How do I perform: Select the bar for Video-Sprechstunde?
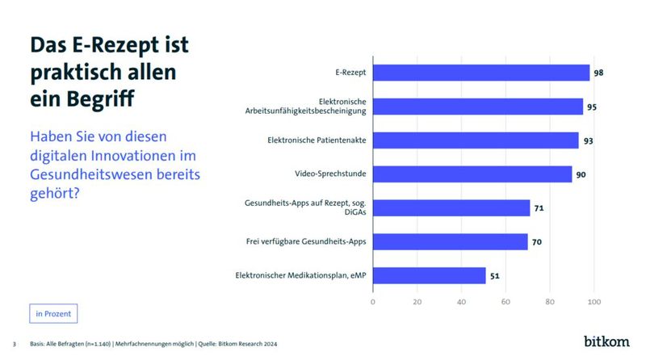(x=472, y=174)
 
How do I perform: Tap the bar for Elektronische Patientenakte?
(x=475, y=140)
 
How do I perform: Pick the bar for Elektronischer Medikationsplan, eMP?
(x=429, y=275)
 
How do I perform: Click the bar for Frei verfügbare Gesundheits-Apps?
(x=450, y=241)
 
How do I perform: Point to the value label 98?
(x=598, y=73)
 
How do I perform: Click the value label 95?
(x=592, y=107)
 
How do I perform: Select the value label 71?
(x=539, y=208)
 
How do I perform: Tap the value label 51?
(x=494, y=276)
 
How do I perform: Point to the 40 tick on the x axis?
(x=461, y=302)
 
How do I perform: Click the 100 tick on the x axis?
(x=594, y=302)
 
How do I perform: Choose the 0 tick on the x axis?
(x=373, y=302)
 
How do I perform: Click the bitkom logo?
(x=607, y=341)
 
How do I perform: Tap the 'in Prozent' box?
(x=53, y=313)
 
